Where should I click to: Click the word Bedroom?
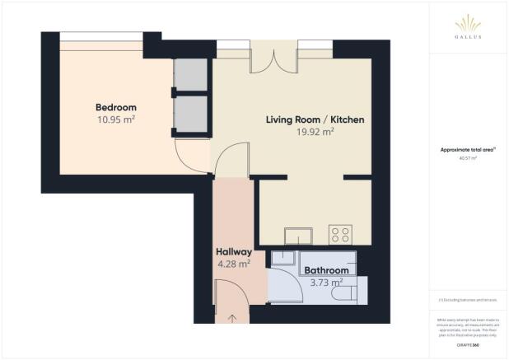(115, 107)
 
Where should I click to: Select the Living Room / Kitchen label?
(315, 119)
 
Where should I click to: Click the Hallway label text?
(233, 252)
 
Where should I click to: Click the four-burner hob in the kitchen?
(339, 234)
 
